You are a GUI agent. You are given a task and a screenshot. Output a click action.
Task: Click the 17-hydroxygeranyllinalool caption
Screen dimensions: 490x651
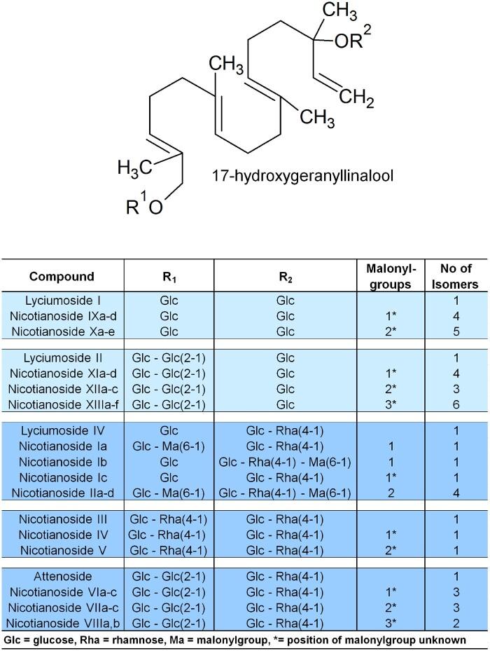tap(302, 175)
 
